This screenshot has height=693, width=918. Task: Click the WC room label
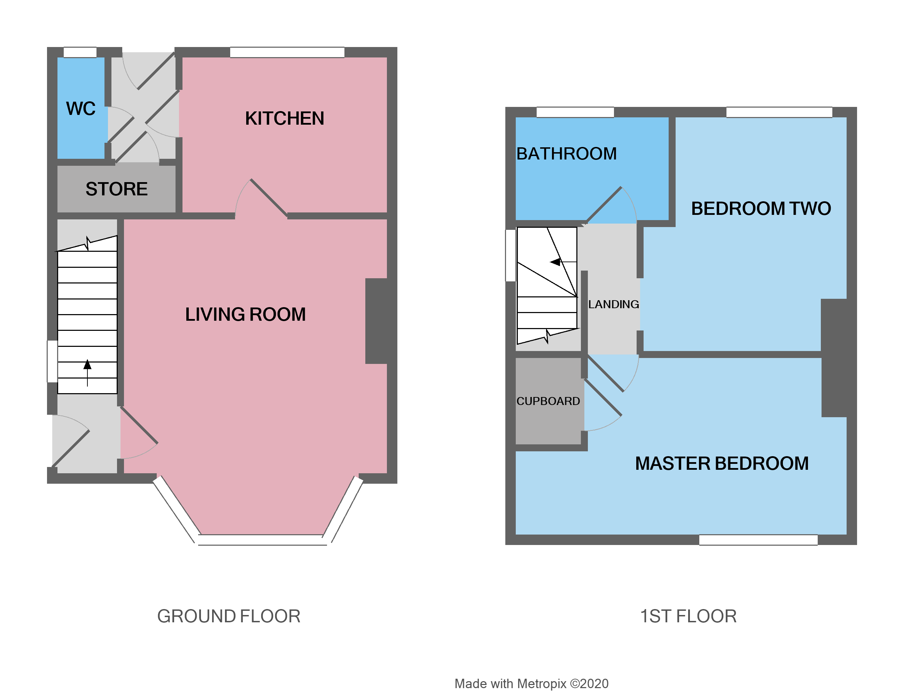80,109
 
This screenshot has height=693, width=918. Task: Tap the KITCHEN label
284,119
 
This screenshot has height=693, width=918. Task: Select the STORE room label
117,189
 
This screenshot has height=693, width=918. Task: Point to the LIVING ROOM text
245,314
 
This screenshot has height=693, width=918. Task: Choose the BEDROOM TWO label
761,209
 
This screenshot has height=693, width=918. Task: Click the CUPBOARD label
548,401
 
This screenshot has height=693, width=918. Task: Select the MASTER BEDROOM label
721,464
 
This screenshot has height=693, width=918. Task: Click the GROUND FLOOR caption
229,616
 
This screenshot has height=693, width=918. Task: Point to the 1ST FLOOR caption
688,616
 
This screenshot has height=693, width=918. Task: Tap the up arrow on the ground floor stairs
87,366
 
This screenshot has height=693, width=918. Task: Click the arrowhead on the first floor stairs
555,262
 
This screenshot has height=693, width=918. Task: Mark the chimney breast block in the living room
376,321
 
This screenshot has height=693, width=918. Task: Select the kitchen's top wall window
287,52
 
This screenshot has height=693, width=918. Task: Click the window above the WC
80,52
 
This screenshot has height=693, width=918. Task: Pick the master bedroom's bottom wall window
758,540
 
